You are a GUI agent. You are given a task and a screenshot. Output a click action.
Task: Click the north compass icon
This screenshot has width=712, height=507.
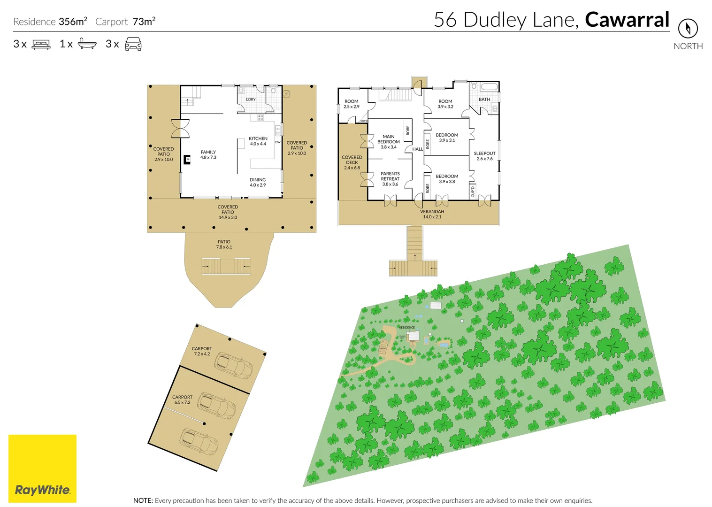[x=688, y=29]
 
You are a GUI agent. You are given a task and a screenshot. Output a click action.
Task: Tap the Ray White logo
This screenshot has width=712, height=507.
[x=42, y=469]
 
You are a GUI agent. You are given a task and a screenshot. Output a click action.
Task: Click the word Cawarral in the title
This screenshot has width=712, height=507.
[x=627, y=20]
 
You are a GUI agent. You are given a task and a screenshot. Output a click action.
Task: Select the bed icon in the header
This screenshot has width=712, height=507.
[x=41, y=45]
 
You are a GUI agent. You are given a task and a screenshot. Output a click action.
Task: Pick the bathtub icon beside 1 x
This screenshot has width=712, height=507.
[x=87, y=44]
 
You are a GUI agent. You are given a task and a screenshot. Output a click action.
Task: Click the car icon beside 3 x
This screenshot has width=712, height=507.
[x=133, y=44]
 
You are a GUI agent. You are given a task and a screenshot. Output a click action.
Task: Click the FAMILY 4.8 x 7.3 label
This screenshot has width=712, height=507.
[x=208, y=155]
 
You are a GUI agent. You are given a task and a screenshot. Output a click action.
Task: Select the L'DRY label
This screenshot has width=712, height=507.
[x=251, y=100]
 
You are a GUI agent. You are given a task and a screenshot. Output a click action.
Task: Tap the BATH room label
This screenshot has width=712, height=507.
[x=484, y=100]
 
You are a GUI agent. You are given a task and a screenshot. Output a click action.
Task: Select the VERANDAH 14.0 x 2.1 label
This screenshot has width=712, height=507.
[x=432, y=214]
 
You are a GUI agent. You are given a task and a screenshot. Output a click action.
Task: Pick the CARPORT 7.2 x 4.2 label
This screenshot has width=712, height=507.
[x=202, y=351]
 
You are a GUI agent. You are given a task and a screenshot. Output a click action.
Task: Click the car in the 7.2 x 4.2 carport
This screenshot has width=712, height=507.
[x=233, y=366]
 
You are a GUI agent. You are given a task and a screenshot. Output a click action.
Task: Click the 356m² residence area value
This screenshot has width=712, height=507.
[x=73, y=22]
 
